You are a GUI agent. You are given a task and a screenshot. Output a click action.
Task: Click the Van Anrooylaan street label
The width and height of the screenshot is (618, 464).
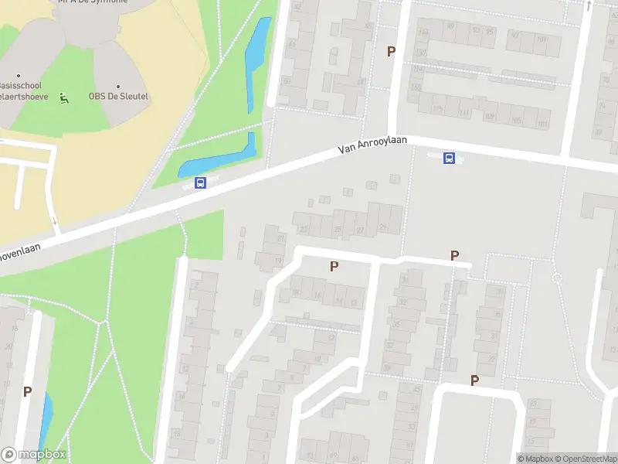374,143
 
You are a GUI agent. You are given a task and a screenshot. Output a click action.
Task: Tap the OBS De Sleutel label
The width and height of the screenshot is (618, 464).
118,97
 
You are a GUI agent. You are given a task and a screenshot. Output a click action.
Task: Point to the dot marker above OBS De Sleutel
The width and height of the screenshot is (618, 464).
118,87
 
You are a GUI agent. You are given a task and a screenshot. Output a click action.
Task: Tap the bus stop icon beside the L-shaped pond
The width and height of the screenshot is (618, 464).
201,183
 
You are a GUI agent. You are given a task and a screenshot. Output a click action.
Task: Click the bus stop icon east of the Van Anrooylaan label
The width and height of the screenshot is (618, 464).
448,158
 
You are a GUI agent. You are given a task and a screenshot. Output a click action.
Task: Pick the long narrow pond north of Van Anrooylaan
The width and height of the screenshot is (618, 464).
256,62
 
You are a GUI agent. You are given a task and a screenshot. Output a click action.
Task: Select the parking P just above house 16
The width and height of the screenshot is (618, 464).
334,267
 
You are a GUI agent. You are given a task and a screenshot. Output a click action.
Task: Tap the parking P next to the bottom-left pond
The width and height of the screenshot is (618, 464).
27,391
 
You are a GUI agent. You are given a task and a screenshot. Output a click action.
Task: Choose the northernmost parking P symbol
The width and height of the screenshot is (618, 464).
391,51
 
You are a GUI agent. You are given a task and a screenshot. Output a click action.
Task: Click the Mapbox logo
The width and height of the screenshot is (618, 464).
33,455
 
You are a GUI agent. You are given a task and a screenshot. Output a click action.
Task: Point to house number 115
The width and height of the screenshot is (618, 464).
438,108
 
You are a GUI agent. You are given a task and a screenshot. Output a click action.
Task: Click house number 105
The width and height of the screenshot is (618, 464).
515,121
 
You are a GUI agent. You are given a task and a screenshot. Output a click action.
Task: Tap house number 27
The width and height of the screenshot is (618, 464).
360,230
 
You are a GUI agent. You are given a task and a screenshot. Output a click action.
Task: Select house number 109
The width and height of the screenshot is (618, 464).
488,118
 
